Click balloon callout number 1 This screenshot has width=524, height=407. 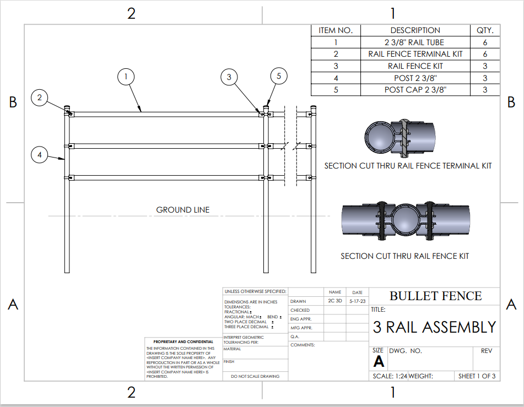(126, 76)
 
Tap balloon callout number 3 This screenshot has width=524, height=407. (229, 77)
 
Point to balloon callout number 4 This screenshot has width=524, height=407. (40, 155)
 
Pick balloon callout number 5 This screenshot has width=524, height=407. (279, 77)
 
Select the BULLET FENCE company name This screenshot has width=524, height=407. (435, 296)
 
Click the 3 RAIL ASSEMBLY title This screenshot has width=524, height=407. (435, 327)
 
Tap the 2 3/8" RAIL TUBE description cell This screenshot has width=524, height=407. (415, 42)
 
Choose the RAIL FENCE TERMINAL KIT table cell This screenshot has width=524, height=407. (415, 54)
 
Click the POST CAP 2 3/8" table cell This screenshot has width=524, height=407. (415, 90)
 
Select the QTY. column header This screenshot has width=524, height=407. (485, 30)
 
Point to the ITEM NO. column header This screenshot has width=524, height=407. (336, 30)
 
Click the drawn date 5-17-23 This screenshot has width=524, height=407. (357, 301)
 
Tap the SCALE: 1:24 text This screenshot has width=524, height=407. (390, 376)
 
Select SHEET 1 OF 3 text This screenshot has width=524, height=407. (477, 376)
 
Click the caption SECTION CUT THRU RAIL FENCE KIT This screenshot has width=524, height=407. (405, 256)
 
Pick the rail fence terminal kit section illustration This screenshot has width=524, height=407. (401, 136)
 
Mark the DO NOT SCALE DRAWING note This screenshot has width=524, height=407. (255, 376)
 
